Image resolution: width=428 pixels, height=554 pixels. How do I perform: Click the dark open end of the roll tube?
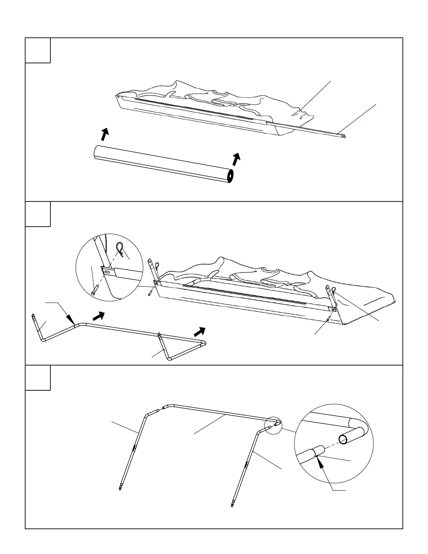pos(230,176)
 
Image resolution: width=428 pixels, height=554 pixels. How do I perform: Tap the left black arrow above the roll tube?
pos(105,134)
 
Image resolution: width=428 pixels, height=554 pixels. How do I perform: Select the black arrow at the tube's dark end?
pos(237,159)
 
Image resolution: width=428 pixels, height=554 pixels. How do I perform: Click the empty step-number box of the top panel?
pos(38,50)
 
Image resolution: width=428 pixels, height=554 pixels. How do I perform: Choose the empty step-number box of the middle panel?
pos(38,214)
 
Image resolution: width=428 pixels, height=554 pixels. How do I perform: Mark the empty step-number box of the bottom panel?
pos(38,378)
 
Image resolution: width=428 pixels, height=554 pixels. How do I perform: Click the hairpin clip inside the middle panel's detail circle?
pos(120,250)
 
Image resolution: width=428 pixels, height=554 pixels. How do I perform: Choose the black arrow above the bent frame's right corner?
pos(200,331)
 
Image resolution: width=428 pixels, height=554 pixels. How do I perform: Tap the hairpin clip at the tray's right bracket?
pos(334,290)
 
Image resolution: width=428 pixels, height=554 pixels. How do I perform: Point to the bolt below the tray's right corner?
pos(328,319)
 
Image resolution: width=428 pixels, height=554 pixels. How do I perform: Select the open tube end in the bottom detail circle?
pos(343,440)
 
